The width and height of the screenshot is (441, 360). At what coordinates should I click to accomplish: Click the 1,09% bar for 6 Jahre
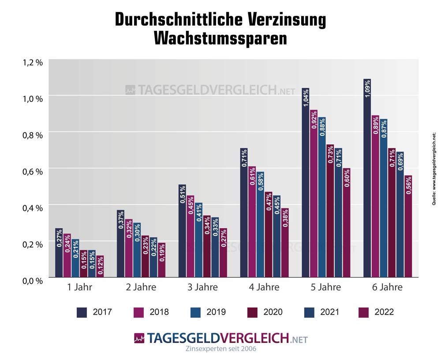(x=367, y=178)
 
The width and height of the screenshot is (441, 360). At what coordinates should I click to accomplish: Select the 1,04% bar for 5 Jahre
(x=305, y=182)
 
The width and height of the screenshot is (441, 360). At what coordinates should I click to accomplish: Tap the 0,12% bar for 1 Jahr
(x=100, y=266)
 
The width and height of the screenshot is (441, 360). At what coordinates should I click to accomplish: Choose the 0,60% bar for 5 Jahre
(x=347, y=223)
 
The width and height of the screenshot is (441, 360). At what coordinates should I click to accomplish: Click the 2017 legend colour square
(x=82, y=312)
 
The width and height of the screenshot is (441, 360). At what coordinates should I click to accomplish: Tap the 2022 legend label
(x=384, y=312)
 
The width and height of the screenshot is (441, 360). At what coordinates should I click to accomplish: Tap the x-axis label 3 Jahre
(x=203, y=288)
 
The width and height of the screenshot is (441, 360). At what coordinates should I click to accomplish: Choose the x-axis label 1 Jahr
(x=80, y=288)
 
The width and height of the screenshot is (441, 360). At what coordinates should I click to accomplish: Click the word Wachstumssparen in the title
(x=220, y=38)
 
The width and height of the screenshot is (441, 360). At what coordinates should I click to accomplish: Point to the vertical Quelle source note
(x=434, y=167)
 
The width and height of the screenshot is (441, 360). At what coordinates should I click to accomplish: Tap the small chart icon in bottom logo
(x=139, y=338)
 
